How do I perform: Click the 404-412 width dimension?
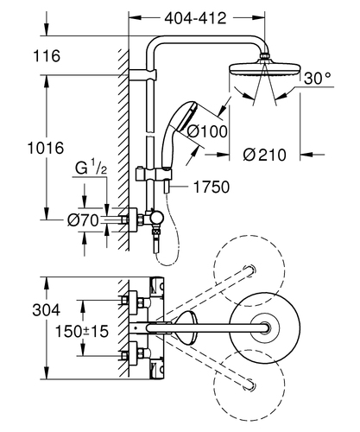tap(195, 18)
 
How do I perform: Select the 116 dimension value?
tap(47, 55)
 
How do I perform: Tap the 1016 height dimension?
tap(46, 149)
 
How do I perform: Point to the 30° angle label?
tap(318, 78)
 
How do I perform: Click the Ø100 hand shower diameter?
tap(207, 131)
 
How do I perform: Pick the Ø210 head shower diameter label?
tap(264, 155)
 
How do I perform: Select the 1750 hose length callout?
tap(212, 187)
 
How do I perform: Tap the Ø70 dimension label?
tap(83, 221)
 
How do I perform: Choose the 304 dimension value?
tap(47, 310)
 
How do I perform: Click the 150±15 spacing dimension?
tap(82, 331)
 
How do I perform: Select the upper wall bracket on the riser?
tap(142, 75)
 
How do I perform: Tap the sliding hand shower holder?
tap(154, 174)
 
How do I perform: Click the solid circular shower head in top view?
tap(265, 327)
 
